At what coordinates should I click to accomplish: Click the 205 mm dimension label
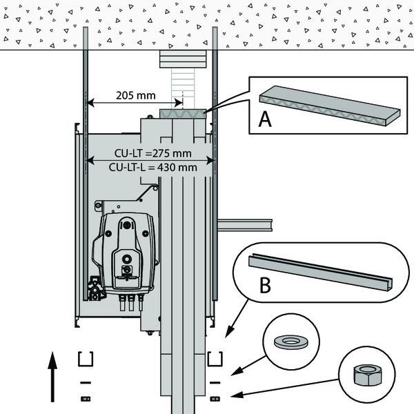[136, 95]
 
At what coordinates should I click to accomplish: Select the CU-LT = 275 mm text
[153, 153]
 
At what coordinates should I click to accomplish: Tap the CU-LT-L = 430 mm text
[153, 168]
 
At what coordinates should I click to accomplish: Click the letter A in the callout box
[265, 119]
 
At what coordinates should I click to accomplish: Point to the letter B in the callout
[265, 285]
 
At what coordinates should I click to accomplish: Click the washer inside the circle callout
[291, 342]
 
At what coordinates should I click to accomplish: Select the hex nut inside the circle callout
[367, 375]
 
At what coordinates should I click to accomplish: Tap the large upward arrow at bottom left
[52, 377]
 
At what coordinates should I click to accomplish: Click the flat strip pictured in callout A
[330, 106]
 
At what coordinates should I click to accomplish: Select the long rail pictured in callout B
[320, 272]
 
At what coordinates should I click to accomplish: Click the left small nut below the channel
[86, 399]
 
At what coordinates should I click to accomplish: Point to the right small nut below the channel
[215, 399]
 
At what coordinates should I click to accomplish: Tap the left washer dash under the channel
[86, 382]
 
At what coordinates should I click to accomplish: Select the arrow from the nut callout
[284, 388]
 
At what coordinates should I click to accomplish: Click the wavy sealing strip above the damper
[183, 114]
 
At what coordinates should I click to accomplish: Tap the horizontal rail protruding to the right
[245, 225]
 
